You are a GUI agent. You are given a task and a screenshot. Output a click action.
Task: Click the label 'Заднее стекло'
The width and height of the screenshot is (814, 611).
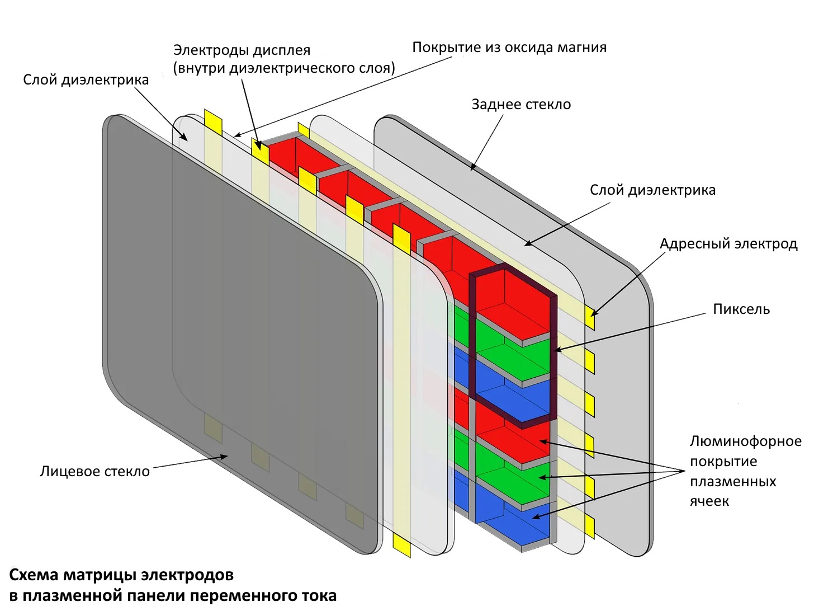point(521,105)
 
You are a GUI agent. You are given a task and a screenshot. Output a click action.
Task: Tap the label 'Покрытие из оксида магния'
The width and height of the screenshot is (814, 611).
point(509,48)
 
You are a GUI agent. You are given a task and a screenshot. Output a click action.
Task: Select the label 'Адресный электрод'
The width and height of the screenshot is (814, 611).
point(728,244)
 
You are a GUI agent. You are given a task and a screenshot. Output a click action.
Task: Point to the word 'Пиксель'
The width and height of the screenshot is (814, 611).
point(741,309)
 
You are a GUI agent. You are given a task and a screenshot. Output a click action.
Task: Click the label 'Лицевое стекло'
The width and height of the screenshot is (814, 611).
point(94,472)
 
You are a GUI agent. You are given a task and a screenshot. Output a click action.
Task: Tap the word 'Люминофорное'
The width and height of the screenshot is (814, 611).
point(745,441)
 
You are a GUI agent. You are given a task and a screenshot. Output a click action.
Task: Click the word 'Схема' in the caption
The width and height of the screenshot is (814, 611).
point(34,575)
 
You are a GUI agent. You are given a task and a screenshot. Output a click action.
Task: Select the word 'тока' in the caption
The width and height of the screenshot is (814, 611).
point(318,596)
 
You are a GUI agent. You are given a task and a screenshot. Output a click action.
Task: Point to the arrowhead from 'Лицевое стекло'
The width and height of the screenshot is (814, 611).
point(224,457)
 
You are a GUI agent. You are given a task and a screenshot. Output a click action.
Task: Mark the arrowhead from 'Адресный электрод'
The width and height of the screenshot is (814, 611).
point(592,314)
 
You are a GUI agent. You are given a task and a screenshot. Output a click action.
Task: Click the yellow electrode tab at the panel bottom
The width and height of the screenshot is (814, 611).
point(401,546)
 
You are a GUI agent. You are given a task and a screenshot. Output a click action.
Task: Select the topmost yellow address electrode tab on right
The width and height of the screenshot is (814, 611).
point(590,318)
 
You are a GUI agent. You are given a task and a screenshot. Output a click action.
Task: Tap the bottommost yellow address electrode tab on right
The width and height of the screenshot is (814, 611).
point(590,527)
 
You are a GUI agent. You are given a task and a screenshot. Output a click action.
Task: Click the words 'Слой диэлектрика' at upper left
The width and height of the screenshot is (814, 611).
point(86,80)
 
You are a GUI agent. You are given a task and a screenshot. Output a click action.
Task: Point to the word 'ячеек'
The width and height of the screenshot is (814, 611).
point(709,501)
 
